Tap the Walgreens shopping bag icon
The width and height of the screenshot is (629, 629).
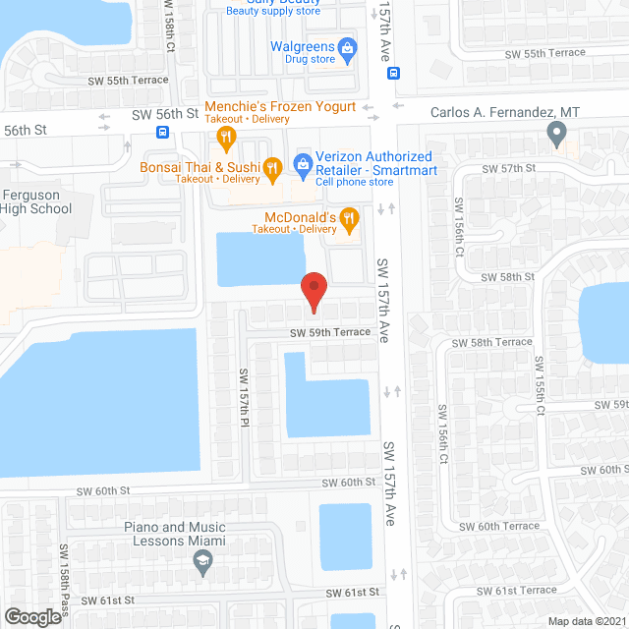[346, 46]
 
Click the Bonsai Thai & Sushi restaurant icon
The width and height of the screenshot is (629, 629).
[273, 168]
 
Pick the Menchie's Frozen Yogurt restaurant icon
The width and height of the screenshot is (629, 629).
[226, 137]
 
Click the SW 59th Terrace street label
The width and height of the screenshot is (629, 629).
[330, 332]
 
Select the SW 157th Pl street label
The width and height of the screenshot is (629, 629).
[245, 395]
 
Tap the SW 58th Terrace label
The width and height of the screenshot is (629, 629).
[491, 342]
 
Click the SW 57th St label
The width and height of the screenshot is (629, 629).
[508, 168]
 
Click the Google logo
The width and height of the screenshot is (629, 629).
[31, 616]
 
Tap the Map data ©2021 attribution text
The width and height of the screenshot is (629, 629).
[585, 620]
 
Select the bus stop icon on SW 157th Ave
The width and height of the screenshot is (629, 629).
[393, 73]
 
